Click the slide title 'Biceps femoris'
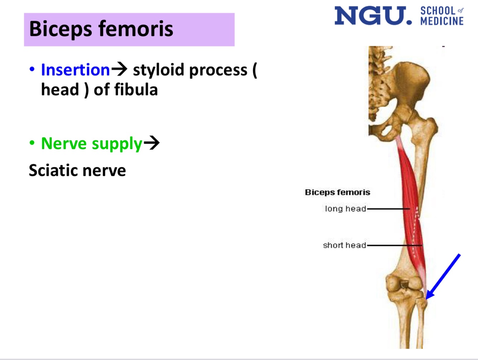101,29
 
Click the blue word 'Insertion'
75,70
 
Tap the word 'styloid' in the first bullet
159,70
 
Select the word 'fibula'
136,90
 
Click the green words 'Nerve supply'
92,143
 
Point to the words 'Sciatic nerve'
77,171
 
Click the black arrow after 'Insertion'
119,69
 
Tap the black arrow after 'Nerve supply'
152,143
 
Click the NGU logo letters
373,16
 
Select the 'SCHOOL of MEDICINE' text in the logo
442,16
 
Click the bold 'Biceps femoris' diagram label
337,192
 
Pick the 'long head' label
345,208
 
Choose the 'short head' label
344,245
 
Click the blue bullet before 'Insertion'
32,69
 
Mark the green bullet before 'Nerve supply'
32,143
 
